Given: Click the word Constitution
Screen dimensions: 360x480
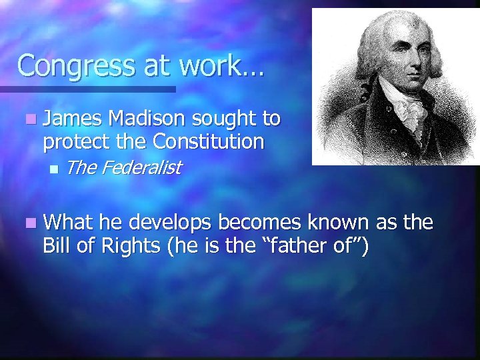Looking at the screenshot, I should tap(208, 141).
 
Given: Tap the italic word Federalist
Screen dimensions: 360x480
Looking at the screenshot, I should tap(141, 168).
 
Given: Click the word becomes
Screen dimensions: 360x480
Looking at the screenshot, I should tap(261, 222).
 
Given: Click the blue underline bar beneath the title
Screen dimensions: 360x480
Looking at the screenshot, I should tap(87, 89).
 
